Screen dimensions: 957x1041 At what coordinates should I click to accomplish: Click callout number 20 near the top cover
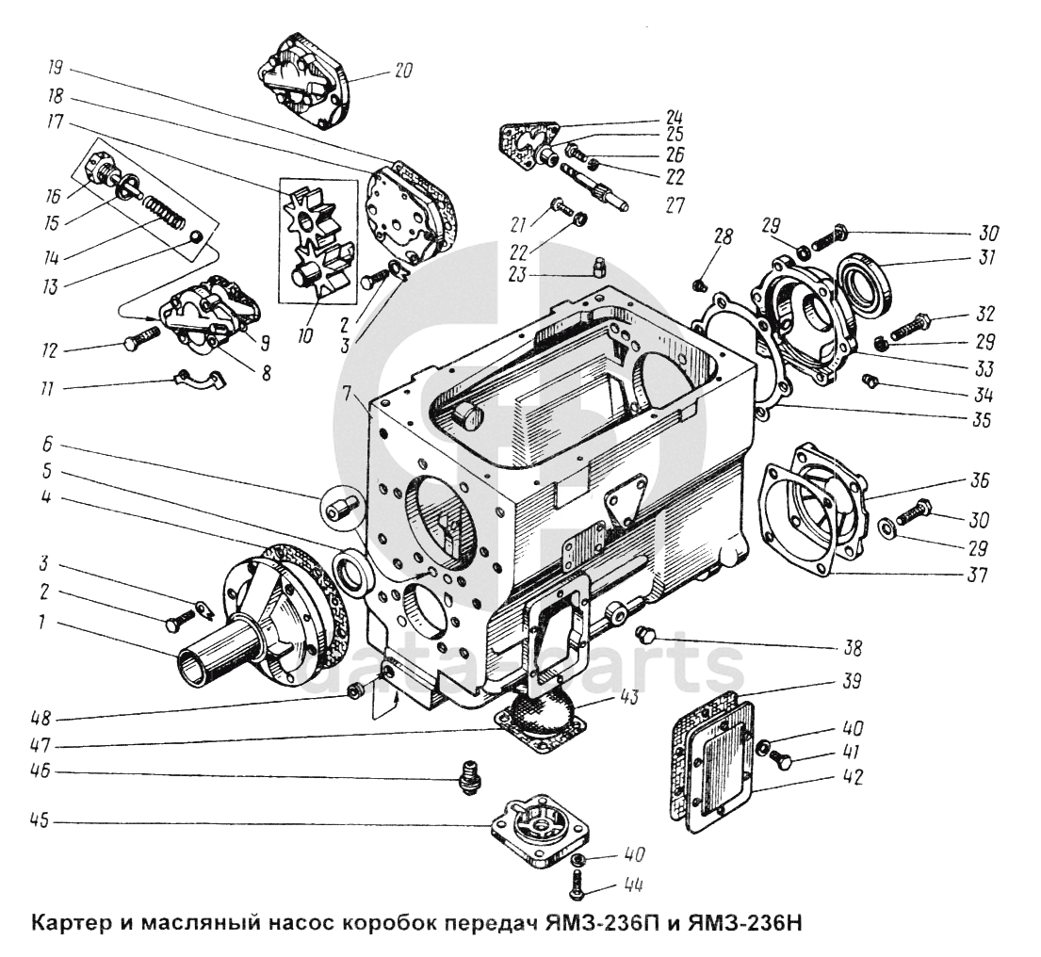click(403, 71)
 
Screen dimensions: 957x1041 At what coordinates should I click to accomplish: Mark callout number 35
click(980, 420)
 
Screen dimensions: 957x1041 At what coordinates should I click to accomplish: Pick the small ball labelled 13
click(194, 235)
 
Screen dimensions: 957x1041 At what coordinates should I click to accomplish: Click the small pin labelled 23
click(595, 271)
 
